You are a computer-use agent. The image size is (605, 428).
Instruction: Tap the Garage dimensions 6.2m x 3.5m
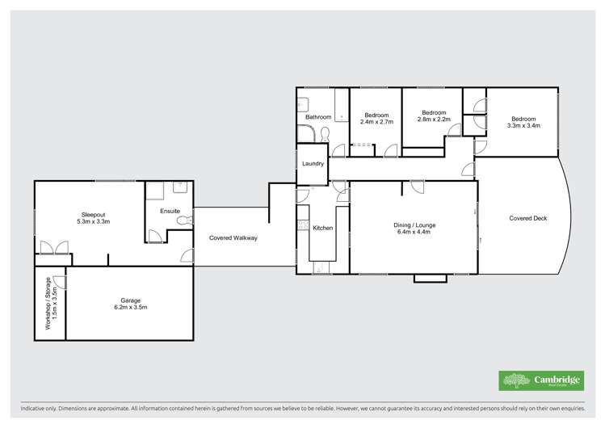pos(130,308)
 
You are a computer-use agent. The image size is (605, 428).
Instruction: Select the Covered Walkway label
pos(233,238)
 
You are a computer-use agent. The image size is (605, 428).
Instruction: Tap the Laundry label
pos(313,164)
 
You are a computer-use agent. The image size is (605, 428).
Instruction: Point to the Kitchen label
pos(323,228)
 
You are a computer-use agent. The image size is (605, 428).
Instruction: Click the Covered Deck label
pos(528,218)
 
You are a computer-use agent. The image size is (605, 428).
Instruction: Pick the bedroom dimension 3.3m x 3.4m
pos(523,125)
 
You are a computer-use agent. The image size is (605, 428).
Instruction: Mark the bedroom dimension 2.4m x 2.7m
pos(377,122)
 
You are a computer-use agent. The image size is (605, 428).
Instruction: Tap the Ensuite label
pos(170,211)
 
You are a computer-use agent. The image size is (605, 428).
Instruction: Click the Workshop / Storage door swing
pos(61,283)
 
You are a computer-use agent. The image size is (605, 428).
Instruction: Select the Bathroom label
pos(318,117)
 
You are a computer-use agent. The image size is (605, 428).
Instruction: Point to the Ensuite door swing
pos(154,236)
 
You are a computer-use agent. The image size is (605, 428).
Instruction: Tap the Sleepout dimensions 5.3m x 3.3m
pos(93,221)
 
